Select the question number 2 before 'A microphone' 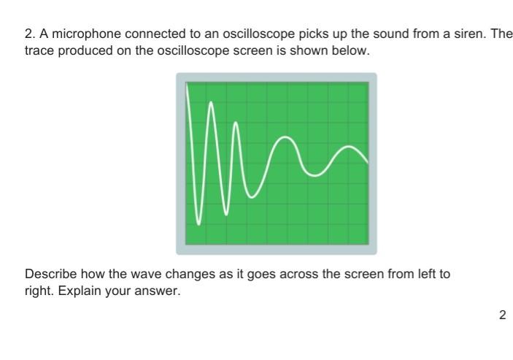[29, 35]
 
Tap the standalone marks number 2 [502, 315]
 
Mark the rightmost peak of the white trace [352, 148]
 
